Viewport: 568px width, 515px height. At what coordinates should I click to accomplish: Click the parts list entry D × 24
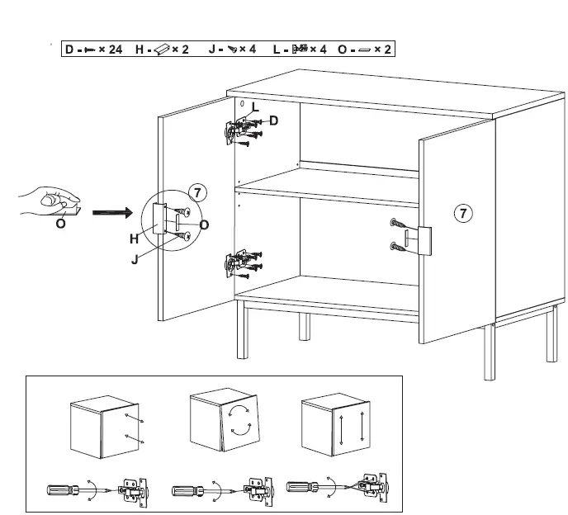(x=93, y=50)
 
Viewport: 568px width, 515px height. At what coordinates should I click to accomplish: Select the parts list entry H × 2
(x=163, y=50)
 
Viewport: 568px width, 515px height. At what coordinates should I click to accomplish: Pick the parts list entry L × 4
(x=300, y=50)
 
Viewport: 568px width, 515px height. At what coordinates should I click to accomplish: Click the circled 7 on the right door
(x=464, y=214)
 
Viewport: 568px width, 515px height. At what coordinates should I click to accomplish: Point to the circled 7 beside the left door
(x=196, y=192)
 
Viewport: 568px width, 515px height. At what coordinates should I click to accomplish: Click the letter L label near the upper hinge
(x=254, y=107)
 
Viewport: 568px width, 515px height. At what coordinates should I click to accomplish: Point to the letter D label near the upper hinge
(x=273, y=121)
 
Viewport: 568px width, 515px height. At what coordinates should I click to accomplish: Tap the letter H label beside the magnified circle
(x=135, y=239)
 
